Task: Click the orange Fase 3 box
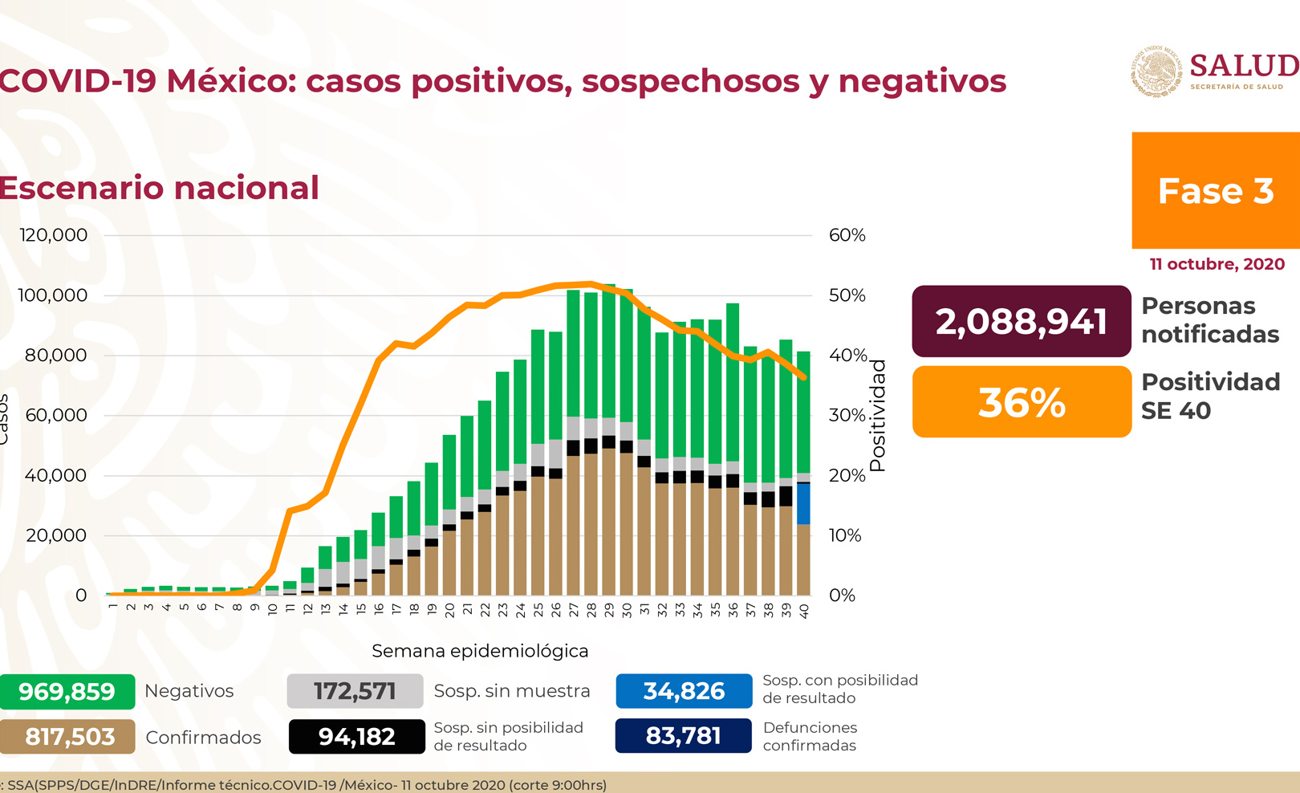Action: pos(1215,190)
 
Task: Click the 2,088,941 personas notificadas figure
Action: pos(1021,321)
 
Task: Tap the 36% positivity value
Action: pos(1021,402)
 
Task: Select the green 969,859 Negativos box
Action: pos(67,691)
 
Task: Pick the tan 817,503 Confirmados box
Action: pos(68,736)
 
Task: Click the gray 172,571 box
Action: pos(355,691)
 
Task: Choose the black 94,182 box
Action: pos(356,736)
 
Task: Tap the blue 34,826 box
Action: pos(684,691)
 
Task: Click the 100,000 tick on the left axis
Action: pos(53,295)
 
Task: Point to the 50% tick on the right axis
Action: pos(847,295)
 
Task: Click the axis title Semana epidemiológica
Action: pos(480,651)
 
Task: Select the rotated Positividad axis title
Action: pos(878,415)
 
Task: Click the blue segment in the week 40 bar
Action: pos(803,504)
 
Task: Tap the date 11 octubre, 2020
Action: pos(1217,264)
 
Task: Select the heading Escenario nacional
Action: pos(160,188)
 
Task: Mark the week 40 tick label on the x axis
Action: pos(804,611)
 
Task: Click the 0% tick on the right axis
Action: pos(842,596)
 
